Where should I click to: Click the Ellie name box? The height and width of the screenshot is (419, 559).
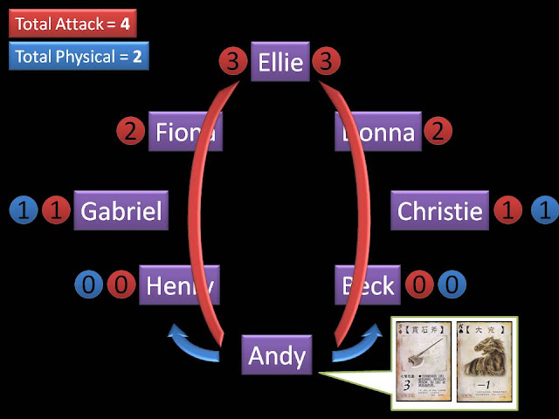(x=280, y=62)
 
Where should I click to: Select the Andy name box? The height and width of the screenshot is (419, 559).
(x=277, y=355)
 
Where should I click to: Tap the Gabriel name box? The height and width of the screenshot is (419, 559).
(x=121, y=210)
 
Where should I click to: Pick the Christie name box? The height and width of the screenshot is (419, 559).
(x=439, y=210)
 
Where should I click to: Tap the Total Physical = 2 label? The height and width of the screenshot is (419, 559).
(x=79, y=58)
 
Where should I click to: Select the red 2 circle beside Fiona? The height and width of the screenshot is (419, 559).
(x=130, y=133)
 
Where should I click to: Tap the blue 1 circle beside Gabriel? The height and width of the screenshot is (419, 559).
(x=24, y=210)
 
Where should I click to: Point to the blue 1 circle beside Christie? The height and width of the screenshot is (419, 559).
(x=545, y=210)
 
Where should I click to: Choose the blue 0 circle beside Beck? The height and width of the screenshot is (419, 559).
(x=452, y=285)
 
